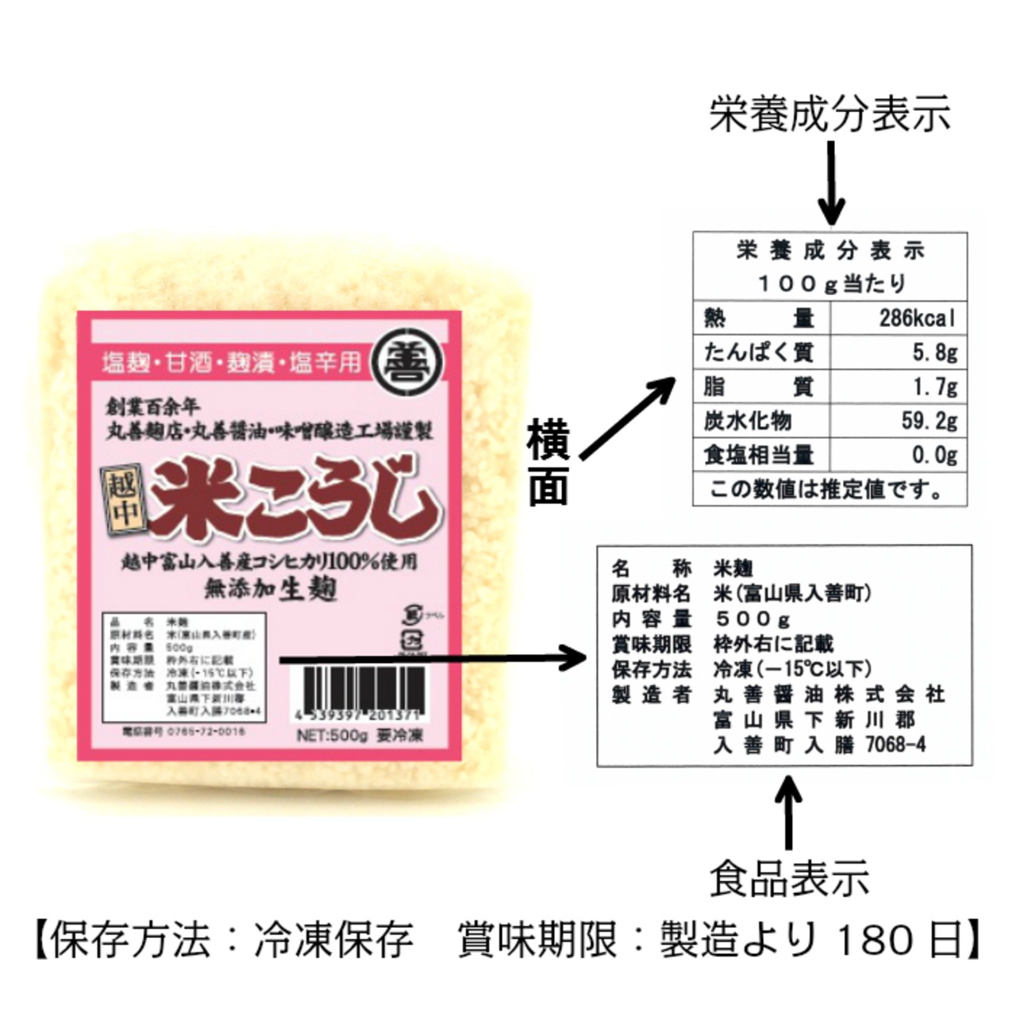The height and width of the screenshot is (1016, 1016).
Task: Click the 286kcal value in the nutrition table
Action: tap(917, 319)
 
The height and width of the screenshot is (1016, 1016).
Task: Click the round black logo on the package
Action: tap(408, 361)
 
